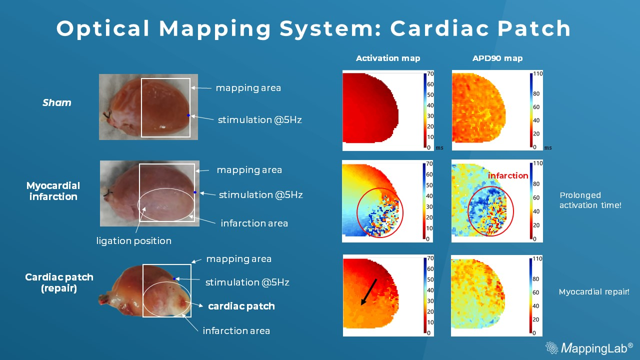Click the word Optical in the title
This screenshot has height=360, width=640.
[x=103, y=28]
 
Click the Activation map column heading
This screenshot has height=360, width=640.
[x=388, y=58]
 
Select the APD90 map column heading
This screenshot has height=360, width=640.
[x=497, y=58]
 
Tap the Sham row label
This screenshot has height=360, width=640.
[x=57, y=102]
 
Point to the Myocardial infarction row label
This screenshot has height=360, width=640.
[x=53, y=191]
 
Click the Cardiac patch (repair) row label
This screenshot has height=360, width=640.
[x=59, y=282]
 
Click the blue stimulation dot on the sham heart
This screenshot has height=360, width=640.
[x=188, y=115]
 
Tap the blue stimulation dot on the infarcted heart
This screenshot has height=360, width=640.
[x=195, y=192]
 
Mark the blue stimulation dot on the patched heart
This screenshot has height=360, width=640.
[x=174, y=278]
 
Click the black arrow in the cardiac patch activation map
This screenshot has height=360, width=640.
[x=369, y=292]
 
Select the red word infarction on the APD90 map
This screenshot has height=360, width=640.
[x=508, y=175]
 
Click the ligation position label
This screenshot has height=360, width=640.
[x=133, y=241]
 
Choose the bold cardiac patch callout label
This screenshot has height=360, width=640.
[x=241, y=306]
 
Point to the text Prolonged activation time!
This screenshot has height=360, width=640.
[x=590, y=200]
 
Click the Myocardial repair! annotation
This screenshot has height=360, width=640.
[x=594, y=291]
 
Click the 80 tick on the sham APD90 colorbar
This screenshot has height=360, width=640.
[x=536, y=93]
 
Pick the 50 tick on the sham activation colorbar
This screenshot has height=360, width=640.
[x=430, y=94]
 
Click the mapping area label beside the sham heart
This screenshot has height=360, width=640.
[x=248, y=88]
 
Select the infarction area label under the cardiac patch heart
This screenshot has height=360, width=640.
[x=236, y=331]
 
